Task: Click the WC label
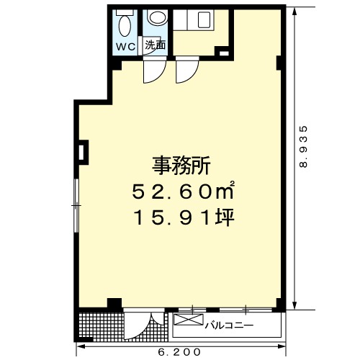coord(126,47)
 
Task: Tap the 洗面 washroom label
coord(155,45)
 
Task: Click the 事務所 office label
coord(181,166)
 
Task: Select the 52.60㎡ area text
coord(183,191)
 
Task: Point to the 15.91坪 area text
coord(184,217)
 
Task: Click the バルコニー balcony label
coord(229,325)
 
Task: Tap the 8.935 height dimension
coord(303,146)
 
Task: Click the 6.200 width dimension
coord(179,352)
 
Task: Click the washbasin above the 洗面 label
coord(158,17)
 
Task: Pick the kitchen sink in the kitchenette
coord(204,19)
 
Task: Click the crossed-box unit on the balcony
coord(189,320)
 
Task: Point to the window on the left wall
coord(76,205)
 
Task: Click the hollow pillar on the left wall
coord(83,153)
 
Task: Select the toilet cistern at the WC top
coord(125,12)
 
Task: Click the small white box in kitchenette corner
coord(224,53)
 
